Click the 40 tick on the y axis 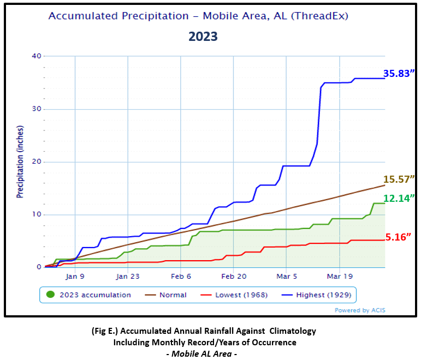coord(37,56)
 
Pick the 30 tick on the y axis coord(37,109)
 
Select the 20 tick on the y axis coord(37,162)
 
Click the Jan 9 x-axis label coord(75,276)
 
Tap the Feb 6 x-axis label coord(181,276)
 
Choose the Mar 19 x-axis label coord(339,276)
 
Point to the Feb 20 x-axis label coord(233,276)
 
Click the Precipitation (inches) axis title coord(20,162)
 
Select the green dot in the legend coord(50,295)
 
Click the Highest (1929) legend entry coord(324,295)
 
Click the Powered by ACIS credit coord(360,310)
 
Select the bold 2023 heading coord(203,37)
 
